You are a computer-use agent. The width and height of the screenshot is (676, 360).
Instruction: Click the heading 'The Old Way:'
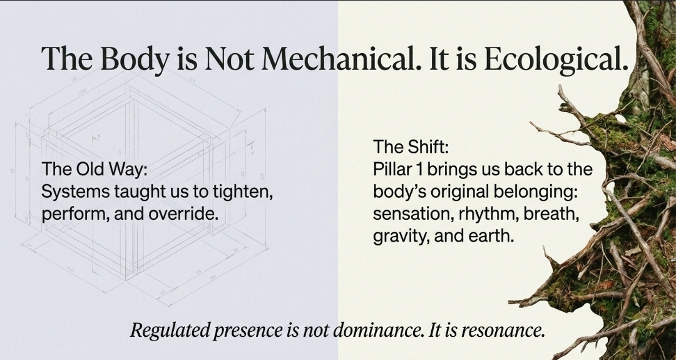pos(95,170)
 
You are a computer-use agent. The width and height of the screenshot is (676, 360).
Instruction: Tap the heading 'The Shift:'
pos(411,147)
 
